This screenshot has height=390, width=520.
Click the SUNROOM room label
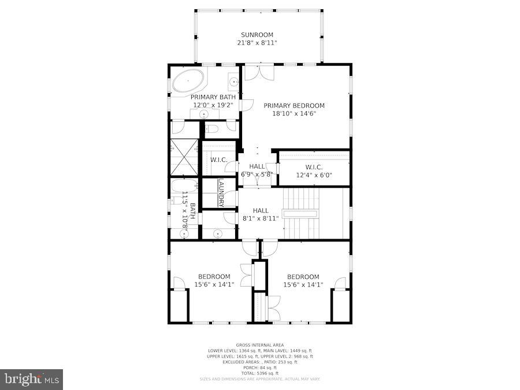click(257, 35)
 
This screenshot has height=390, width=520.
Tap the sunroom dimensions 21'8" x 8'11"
click(257, 43)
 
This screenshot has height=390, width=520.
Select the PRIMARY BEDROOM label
click(294, 106)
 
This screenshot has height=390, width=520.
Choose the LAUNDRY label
click(221, 192)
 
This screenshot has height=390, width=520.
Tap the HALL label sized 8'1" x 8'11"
click(261, 211)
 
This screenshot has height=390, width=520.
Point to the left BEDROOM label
click(214, 277)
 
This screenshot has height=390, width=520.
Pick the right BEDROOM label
click(303, 277)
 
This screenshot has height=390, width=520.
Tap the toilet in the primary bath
click(212, 128)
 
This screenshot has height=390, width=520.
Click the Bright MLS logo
click(32, 380)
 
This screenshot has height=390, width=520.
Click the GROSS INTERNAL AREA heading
click(259, 345)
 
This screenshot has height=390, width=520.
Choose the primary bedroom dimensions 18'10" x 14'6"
click(294, 114)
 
